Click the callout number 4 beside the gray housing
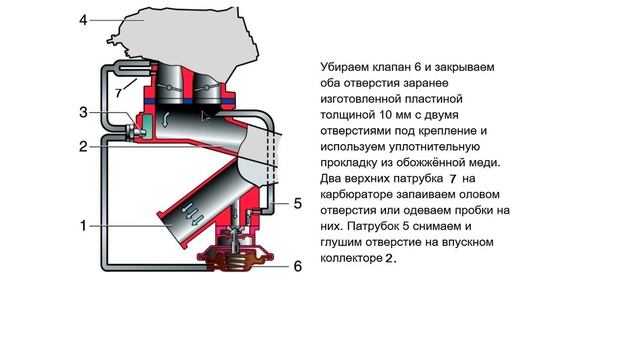click(84, 19)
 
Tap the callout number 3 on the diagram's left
click(85, 112)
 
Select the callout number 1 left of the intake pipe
click(84, 227)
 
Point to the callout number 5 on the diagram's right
click(297, 203)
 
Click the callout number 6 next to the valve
click(297, 266)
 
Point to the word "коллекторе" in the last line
click(352, 258)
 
